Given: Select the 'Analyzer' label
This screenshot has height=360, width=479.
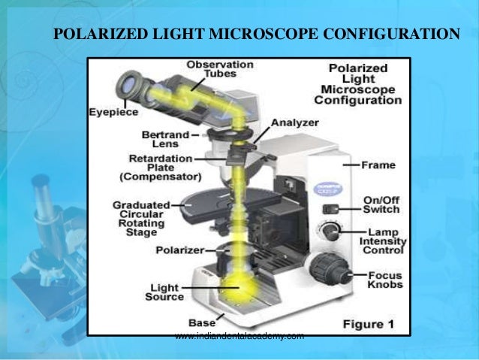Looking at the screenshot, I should tap(294, 122).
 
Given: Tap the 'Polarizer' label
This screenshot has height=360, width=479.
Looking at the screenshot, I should tap(176, 249).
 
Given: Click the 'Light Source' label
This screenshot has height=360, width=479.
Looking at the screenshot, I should tap(167, 292).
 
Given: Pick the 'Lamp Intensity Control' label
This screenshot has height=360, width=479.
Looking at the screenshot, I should tap(386, 241).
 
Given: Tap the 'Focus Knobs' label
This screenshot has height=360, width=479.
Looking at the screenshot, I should tap(385, 280).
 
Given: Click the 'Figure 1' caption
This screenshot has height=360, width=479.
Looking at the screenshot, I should tap(369, 325).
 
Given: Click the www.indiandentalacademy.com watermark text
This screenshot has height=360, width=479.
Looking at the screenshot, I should tap(239, 335).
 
